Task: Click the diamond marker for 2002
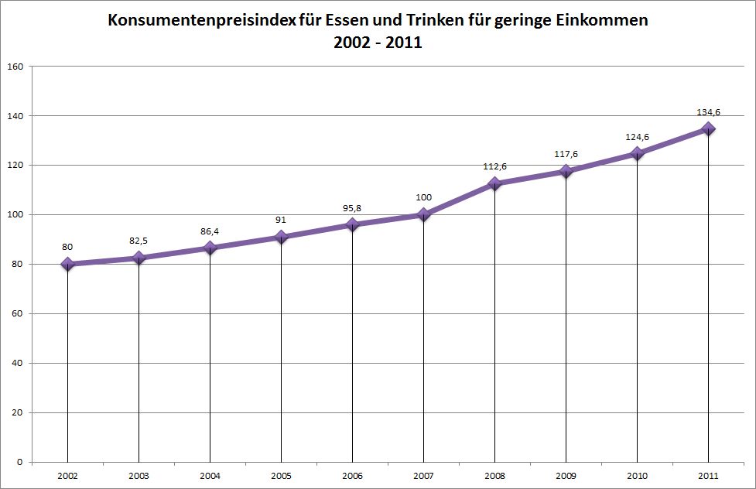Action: point(67,264)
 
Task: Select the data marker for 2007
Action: point(423,214)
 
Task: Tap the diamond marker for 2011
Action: point(708,129)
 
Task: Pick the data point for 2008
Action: point(494,183)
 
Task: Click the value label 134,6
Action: point(708,112)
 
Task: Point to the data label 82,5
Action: point(139,241)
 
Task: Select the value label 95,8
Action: point(352,207)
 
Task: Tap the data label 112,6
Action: point(494,166)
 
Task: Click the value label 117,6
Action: point(566,153)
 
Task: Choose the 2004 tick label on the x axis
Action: point(210,476)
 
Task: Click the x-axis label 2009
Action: point(566,476)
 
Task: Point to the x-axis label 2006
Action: point(352,476)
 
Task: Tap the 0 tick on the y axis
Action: point(18,463)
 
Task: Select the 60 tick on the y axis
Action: point(15,314)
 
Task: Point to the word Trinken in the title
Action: point(447,21)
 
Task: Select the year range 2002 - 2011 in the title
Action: point(378,43)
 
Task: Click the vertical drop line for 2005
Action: point(281,348)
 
